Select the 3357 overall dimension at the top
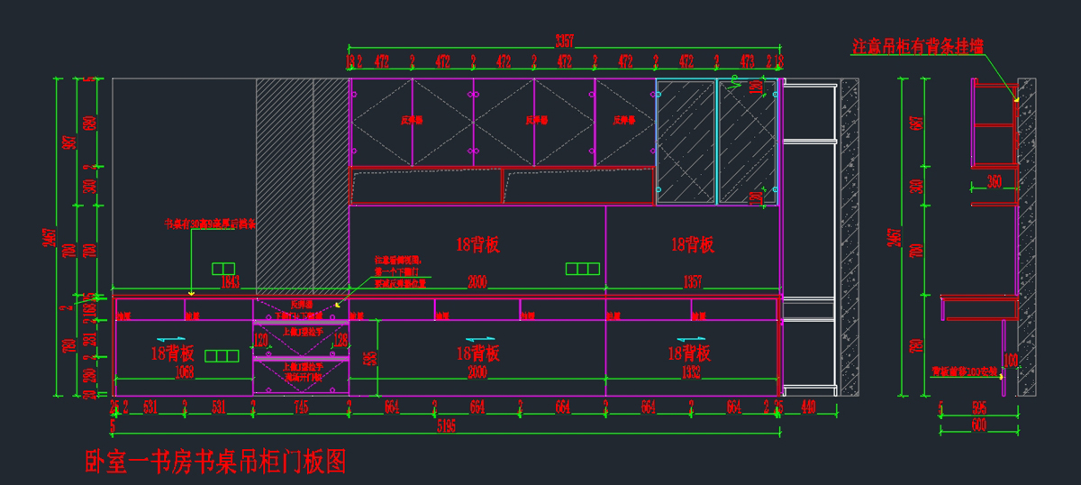[x=565, y=40]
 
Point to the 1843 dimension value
[x=230, y=283]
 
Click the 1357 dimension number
[x=692, y=283]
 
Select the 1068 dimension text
[x=184, y=371]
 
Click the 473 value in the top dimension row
[x=747, y=61]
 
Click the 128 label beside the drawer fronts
[x=341, y=341]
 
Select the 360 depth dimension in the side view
[x=994, y=181]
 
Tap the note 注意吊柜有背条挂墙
[x=918, y=44]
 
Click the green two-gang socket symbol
[x=223, y=268]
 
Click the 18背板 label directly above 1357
[x=693, y=243]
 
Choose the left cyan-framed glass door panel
[x=686, y=142]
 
